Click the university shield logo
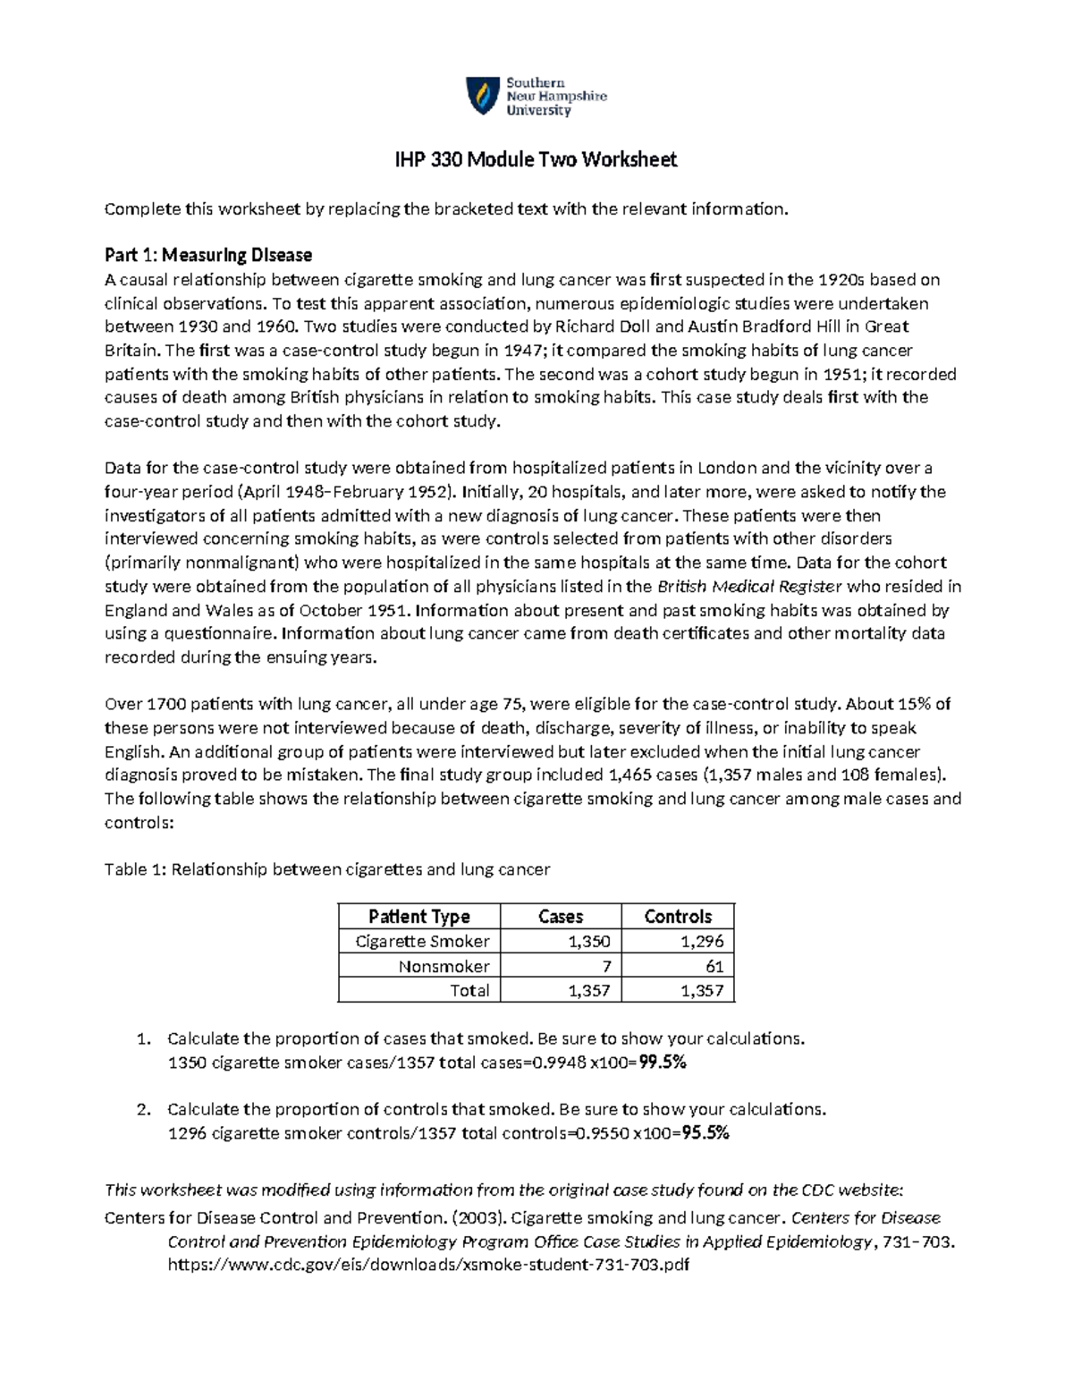point(483,96)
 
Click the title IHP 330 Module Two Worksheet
point(536,160)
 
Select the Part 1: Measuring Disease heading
point(207,255)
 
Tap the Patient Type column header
point(418,916)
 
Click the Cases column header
point(561,916)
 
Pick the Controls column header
point(678,916)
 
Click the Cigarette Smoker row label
point(422,941)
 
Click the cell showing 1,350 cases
point(589,941)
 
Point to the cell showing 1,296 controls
point(702,941)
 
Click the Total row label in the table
point(469,990)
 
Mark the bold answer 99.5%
point(663,1063)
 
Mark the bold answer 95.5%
point(705,1133)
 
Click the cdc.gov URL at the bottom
point(428,1265)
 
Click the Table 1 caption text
point(327,869)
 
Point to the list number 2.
point(142,1110)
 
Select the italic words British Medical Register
point(749,587)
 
